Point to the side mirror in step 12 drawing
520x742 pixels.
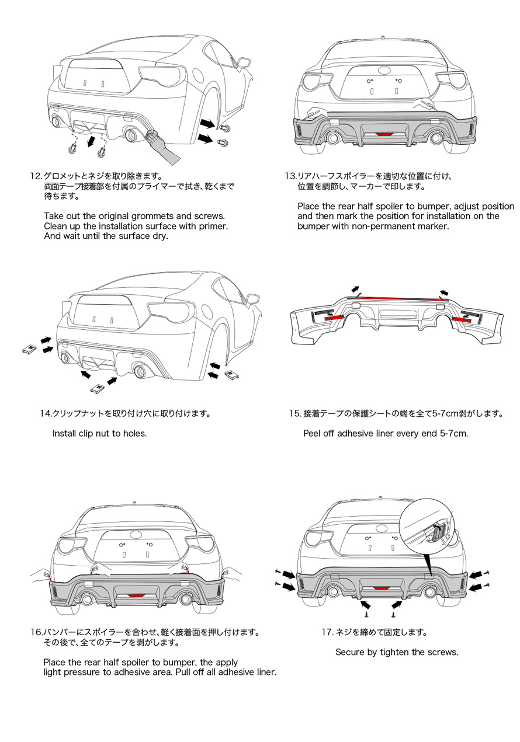click(x=244, y=62)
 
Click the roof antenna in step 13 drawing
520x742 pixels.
click(x=383, y=36)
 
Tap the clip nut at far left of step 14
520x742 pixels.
click(x=29, y=348)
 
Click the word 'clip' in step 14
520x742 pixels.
click(x=85, y=434)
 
